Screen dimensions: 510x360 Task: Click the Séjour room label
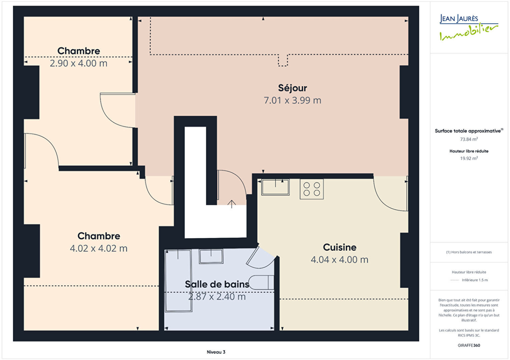point(292,88)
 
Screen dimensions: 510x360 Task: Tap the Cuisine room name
point(339,247)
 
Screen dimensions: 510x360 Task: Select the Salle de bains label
point(217,284)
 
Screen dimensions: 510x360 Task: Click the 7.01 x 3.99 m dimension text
point(292,100)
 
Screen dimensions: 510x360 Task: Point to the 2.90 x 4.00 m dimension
point(78,63)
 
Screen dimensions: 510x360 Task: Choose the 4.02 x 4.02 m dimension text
point(98,248)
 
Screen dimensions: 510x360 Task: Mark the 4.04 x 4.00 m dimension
point(339,260)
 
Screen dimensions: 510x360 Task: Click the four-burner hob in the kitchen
point(312,189)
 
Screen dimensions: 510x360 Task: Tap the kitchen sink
point(275,187)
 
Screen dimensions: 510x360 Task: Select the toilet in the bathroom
point(261,282)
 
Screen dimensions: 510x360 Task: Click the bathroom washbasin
point(211,256)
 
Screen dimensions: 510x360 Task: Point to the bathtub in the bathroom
point(178,281)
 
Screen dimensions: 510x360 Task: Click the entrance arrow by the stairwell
point(231,204)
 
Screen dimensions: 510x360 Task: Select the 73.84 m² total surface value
point(469,139)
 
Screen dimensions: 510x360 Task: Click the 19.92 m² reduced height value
point(469,158)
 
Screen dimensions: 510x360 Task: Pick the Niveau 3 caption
point(216,352)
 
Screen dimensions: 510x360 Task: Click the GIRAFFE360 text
point(469,345)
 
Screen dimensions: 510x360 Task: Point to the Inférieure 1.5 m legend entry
point(475,280)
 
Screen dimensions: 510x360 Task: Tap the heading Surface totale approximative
point(468,131)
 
